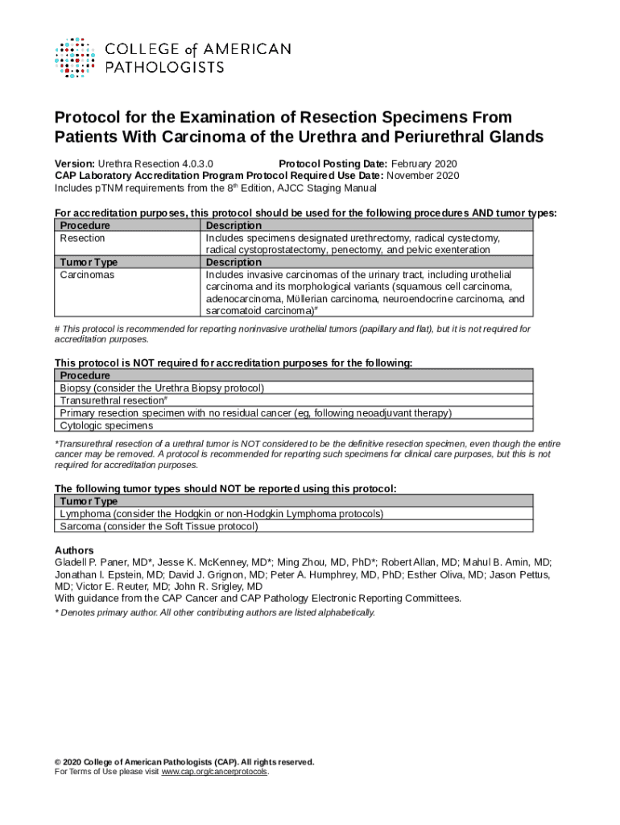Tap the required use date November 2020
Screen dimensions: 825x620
coord(423,176)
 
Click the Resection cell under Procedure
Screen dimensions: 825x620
coord(82,238)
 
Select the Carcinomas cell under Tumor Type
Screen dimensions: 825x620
coord(87,275)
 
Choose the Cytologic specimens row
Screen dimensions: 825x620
coord(106,425)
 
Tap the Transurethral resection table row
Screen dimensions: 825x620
coord(113,400)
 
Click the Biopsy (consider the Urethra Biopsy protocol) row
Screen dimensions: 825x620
coord(162,388)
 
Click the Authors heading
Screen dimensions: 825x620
coord(74,549)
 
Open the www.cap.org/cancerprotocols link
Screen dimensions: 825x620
coord(214,772)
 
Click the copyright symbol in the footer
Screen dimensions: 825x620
coord(58,762)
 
